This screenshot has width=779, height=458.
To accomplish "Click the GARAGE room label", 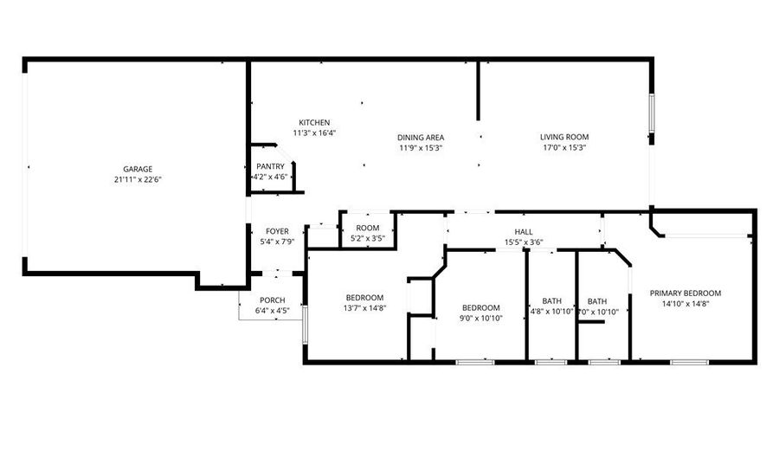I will coord(138,169).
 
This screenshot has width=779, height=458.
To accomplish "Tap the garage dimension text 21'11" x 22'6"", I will coord(138,179).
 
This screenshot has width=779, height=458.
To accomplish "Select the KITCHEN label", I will coord(313,122).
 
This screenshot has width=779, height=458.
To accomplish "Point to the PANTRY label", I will coord(270,166).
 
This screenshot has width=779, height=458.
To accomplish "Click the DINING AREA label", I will coord(421,137).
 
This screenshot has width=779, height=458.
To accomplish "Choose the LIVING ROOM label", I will coord(564,137).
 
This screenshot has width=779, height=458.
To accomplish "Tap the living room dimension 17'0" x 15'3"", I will coord(564,147).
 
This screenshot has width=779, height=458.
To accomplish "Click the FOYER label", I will coord(277,231).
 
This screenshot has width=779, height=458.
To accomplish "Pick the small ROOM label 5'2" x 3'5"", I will coord(368,228).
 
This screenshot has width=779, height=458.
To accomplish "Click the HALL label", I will coord(524,231).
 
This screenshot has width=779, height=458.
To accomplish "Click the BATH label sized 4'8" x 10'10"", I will coord(551,300).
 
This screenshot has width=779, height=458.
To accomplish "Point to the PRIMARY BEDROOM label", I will coord(685,293).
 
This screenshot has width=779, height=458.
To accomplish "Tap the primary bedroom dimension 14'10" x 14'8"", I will coord(685,304).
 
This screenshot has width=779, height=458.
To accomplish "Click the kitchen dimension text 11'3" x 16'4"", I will coord(313,132).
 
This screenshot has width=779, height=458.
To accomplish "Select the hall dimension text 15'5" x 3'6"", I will coord(524,242).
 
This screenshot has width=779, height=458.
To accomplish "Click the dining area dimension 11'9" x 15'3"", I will coord(421,147).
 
